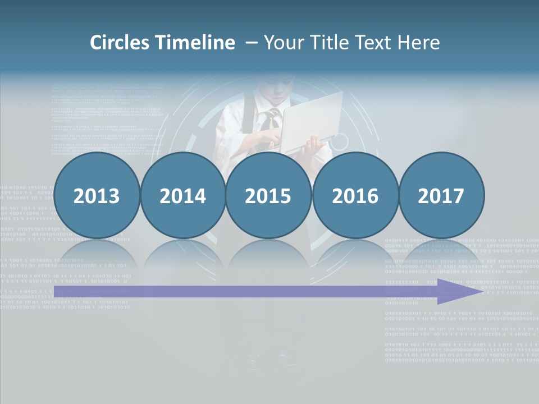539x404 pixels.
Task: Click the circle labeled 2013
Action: (97, 195)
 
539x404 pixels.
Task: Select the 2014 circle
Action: (182, 195)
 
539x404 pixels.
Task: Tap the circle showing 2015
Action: (268, 195)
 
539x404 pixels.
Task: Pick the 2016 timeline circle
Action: (355, 195)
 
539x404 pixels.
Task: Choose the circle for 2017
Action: (441, 195)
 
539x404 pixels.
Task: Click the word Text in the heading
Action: (373, 43)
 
